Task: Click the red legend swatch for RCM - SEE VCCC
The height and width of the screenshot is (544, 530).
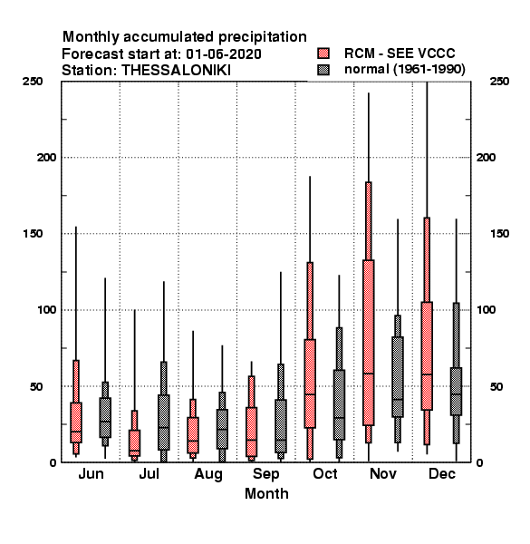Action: (323, 53)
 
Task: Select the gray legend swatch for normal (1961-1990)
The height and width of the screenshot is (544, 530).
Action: (323, 70)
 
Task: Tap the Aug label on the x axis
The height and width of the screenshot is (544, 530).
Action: (208, 474)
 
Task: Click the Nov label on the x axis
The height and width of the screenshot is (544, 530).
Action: (383, 473)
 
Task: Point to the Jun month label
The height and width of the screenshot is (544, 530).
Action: (91, 473)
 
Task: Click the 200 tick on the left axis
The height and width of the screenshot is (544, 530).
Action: (46, 158)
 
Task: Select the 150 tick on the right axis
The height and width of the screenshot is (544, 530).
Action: (500, 234)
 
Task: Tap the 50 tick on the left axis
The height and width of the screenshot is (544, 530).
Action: (36, 386)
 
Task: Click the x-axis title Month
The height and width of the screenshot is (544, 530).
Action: (266, 493)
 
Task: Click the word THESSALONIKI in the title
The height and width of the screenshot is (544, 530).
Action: (176, 70)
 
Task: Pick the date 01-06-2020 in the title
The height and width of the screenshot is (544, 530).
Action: (224, 53)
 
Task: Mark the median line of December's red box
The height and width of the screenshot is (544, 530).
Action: (427, 374)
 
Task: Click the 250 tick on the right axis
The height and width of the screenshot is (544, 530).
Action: (500, 82)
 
